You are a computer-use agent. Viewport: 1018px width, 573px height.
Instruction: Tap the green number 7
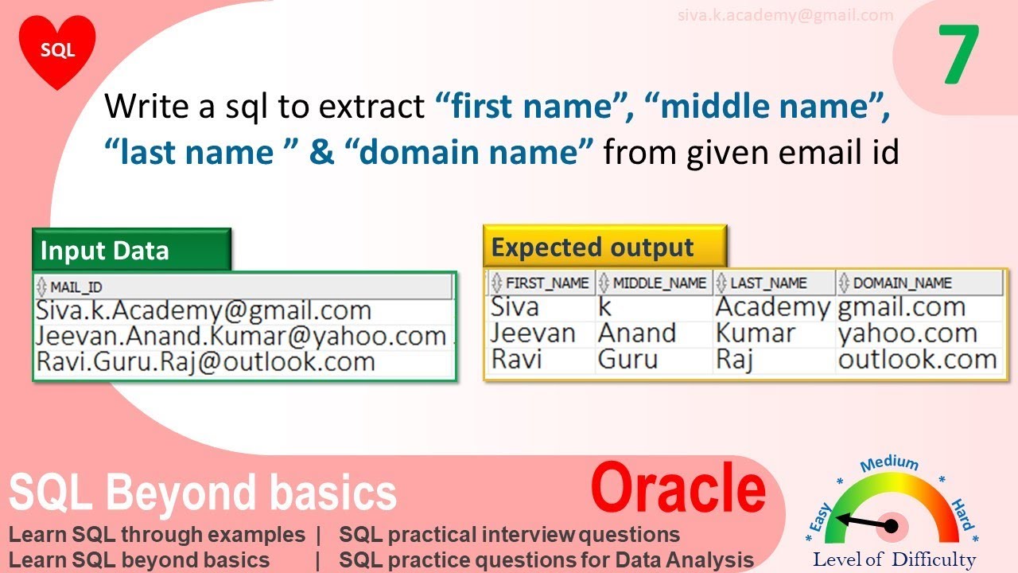coord(958,56)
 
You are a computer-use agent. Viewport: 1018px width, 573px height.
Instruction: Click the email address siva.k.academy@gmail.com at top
coord(785,15)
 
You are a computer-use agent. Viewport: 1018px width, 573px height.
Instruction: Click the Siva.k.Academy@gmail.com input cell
coord(204,310)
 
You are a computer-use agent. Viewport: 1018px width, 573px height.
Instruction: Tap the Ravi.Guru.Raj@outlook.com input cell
coord(205,362)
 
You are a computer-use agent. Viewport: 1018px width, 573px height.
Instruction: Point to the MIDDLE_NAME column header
coord(654,283)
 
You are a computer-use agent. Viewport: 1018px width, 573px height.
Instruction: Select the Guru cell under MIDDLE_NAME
coord(628,360)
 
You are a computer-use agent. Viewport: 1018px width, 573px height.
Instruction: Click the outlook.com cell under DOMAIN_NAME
coord(917,360)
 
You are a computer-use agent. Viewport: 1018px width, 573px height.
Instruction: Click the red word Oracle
coord(678,489)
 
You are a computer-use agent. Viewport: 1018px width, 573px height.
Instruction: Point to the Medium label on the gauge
coord(889,464)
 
